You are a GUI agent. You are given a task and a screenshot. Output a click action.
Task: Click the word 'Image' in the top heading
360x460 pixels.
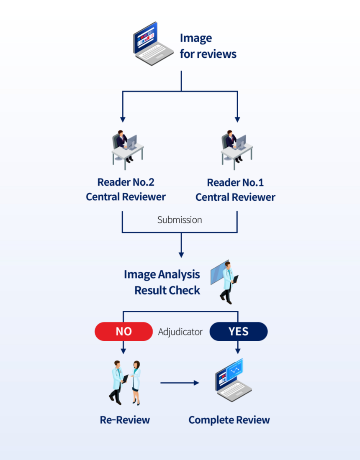(196, 38)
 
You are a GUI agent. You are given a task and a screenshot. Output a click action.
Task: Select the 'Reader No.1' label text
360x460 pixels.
(235, 183)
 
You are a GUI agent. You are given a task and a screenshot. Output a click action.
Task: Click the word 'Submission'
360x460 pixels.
(180, 220)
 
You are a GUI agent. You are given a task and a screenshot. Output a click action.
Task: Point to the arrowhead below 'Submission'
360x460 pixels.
(181, 254)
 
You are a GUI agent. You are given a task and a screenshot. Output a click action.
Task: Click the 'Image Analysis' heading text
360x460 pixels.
(162, 275)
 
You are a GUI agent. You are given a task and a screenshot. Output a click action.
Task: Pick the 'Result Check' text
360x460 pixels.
(167, 290)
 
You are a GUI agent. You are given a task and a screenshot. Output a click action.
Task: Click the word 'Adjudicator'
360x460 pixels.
(180, 332)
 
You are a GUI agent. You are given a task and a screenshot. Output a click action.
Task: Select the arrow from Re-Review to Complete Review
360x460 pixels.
(180, 383)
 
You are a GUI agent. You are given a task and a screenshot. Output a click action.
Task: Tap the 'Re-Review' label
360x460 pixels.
(125, 420)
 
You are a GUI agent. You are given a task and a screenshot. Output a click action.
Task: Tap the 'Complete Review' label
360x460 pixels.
(229, 420)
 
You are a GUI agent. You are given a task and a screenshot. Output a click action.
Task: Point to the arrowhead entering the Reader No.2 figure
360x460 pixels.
(123, 120)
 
